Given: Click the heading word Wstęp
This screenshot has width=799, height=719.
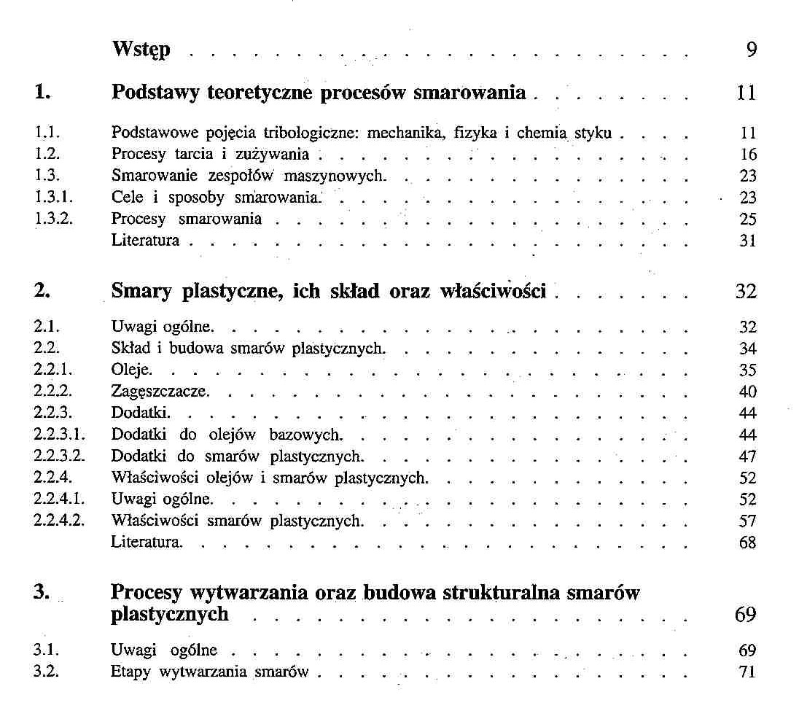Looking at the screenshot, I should (x=141, y=50).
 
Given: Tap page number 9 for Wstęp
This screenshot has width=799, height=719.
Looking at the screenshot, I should (x=751, y=50).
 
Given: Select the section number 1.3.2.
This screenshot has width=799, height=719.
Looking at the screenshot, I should (x=52, y=219).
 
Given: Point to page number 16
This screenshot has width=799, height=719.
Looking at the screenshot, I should (x=748, y=155).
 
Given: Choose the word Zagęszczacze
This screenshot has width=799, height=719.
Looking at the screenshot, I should (x=160, y=392).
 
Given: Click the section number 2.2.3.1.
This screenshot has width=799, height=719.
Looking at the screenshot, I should (x=60, y=435).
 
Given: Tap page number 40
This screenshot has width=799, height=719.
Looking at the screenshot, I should (x=748, y=392).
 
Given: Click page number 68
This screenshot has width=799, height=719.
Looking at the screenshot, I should (x=748, y=543).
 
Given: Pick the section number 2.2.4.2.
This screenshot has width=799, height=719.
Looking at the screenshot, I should (x=60, y=521).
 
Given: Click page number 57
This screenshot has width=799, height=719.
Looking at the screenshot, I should (x=748, y=521).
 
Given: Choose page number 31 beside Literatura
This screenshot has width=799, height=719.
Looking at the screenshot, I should (x=748, y=241).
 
